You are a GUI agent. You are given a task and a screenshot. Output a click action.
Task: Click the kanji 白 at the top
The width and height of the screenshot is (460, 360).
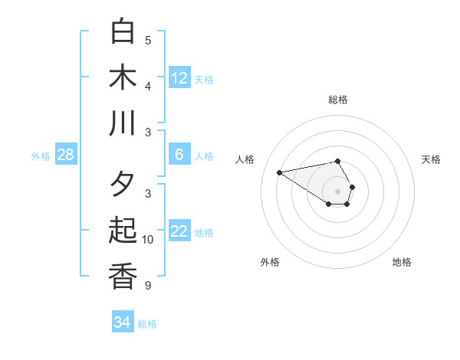tap(123, 31)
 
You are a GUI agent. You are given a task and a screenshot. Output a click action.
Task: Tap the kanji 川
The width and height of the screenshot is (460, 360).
tap(123, 123)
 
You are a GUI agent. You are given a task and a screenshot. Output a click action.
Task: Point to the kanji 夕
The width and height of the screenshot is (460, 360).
tap(123, 185)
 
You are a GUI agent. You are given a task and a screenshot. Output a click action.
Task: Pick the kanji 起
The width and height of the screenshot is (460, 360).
tap(123, 231)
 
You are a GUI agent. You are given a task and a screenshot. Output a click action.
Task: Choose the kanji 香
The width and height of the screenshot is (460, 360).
tap(123, 277)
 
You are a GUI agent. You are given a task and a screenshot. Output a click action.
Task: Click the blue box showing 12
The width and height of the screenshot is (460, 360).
tap(179, 78)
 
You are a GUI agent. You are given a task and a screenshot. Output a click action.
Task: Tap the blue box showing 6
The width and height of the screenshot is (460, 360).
tap(179, 155)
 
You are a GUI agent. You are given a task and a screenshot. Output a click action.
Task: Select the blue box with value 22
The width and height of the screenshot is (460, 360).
tap(179, 231)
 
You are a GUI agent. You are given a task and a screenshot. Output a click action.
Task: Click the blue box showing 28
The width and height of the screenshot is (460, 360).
tap(66, 155)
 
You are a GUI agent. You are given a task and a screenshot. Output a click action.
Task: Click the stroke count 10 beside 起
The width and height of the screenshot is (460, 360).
tap(148, 240)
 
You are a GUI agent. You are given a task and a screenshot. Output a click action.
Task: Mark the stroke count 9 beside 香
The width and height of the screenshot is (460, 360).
tap(148, 286)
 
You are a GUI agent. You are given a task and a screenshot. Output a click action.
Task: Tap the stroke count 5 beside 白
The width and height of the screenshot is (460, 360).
tap(148, 41)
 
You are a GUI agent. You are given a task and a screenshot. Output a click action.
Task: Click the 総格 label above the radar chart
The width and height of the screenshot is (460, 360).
tap(338, 100)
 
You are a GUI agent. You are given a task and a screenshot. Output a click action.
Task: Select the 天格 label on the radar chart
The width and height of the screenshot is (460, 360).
tap(431, 159)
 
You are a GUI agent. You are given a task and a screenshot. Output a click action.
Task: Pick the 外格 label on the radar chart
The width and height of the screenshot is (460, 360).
tap(270, 262)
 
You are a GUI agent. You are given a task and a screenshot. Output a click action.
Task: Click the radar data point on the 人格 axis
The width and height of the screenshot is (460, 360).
tap(279, 172)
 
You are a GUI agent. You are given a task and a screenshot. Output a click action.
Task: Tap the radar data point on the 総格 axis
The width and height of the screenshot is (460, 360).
tap(338, 161)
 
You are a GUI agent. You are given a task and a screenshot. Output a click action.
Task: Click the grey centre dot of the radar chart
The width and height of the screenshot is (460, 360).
tap(338, 191)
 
